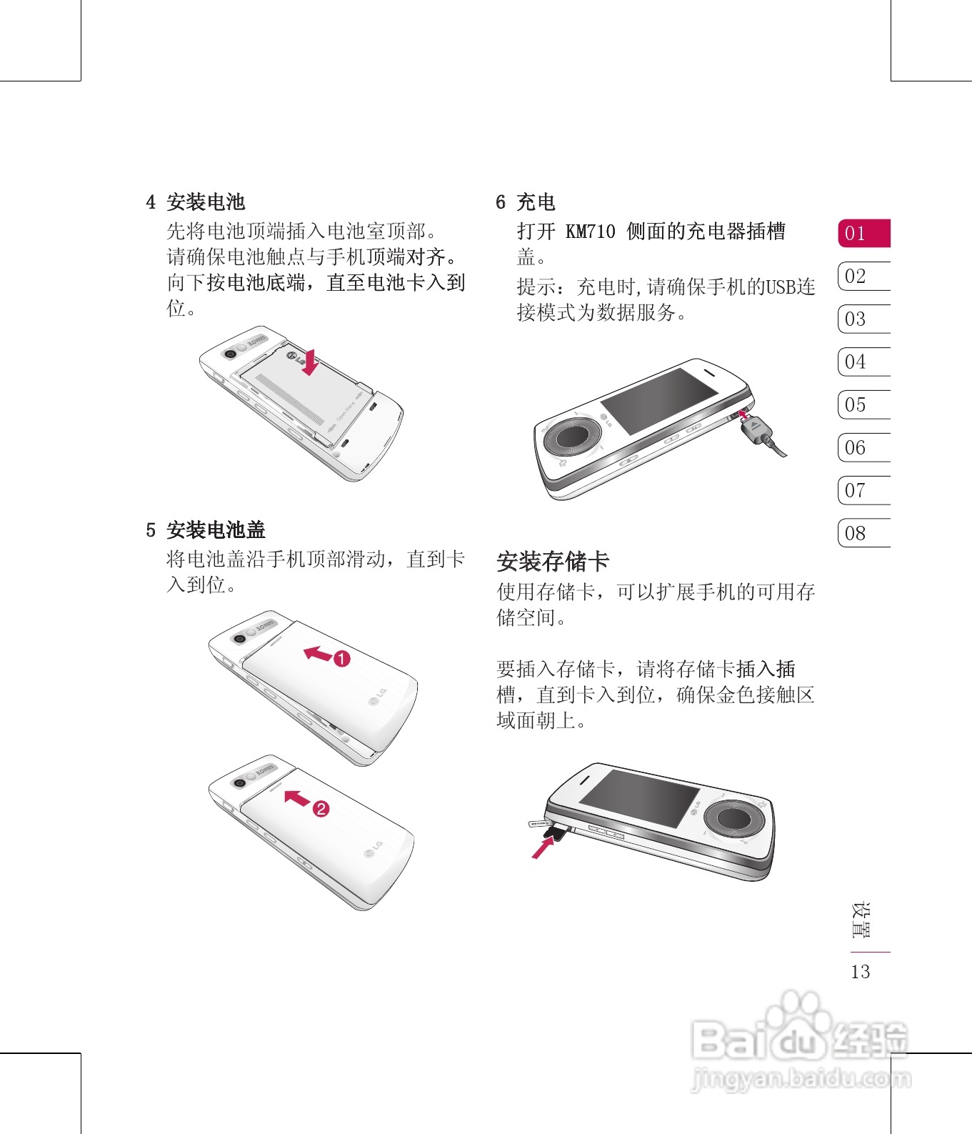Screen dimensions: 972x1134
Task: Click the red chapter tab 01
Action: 864,233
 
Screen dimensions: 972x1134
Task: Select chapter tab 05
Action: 864,404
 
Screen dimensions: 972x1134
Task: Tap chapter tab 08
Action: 864,533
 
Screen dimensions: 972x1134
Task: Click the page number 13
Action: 861,972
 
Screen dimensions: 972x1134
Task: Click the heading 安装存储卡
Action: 553,561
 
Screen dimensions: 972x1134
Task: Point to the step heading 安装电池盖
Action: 216,530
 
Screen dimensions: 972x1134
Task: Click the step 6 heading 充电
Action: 536,202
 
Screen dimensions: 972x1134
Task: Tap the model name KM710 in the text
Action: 590,232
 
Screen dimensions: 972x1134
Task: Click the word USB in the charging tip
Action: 781,287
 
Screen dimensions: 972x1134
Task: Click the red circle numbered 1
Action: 342,659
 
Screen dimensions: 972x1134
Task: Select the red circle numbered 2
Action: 321,809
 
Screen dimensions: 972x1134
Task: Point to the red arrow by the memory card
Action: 543,848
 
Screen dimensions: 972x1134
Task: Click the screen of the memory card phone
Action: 639,798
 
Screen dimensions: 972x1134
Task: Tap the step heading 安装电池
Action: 206,202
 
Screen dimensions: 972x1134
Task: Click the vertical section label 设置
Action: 861,920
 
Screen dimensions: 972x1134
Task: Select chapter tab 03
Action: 864,319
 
